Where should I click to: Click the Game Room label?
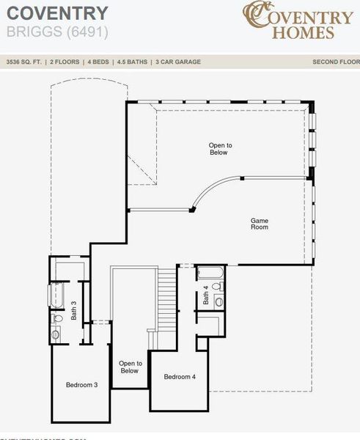coord(259,224)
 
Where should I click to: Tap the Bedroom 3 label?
coord(81,385)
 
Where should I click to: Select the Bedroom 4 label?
coord(180,377)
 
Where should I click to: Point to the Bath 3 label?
coord(74,312)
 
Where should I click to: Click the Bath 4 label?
coord(206,295)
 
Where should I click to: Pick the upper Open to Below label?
coord(218,149)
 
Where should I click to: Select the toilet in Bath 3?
coord(58,318)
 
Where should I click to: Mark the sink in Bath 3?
coord(56,334)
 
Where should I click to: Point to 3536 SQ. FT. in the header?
coord(23,62)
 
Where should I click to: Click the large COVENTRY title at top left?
coord(57,12)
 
